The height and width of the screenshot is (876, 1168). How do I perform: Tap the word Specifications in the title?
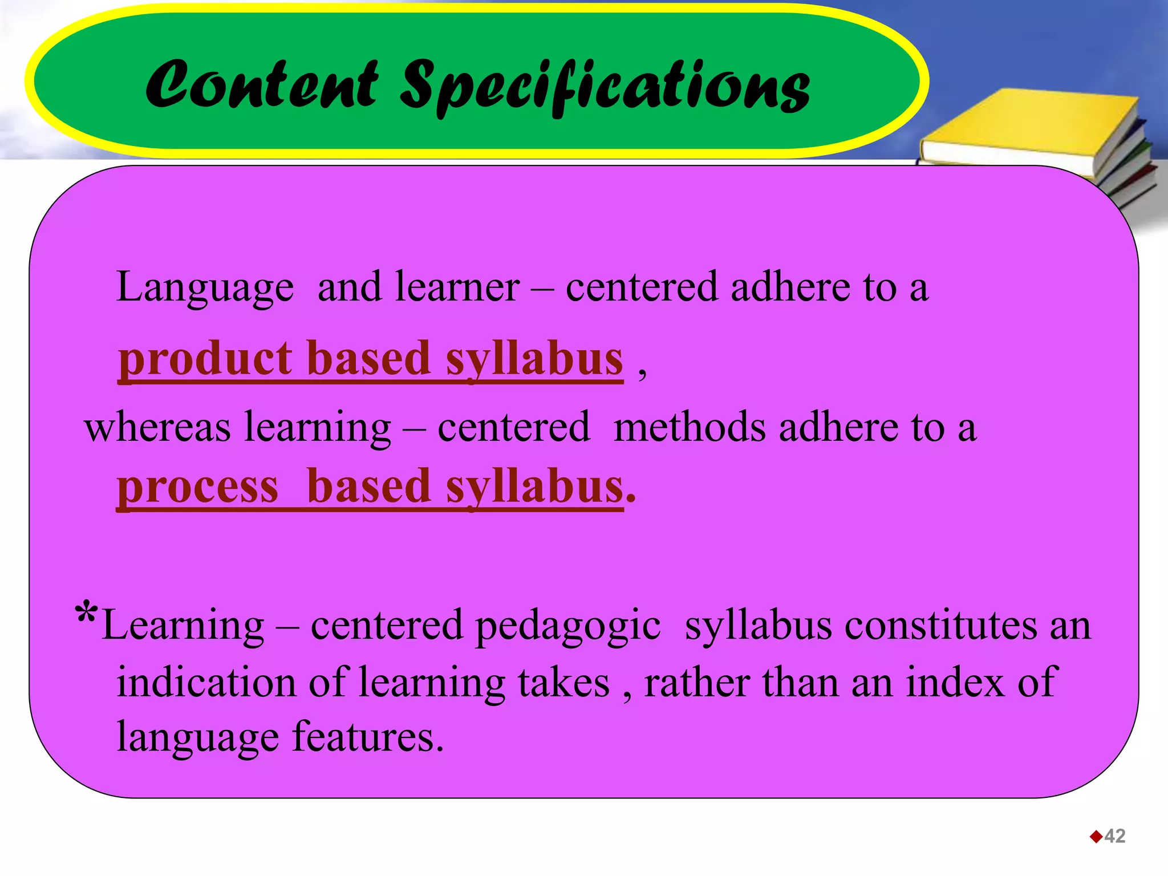(604, 87)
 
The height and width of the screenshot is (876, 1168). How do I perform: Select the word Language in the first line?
(205, 288)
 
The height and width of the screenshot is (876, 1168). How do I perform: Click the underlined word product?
(205, 359)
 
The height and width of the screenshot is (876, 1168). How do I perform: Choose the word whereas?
(157, 427)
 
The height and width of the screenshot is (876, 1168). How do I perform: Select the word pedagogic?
(568, 626)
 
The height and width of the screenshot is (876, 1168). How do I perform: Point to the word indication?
(206, 682)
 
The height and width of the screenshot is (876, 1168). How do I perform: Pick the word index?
(954, 682)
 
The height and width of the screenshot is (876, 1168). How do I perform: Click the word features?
(368, 737)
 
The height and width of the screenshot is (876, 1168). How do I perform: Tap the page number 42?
(1114, 836)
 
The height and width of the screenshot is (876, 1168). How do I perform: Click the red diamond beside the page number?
(1096, 837)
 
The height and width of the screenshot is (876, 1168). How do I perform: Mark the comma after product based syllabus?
(642, 373)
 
